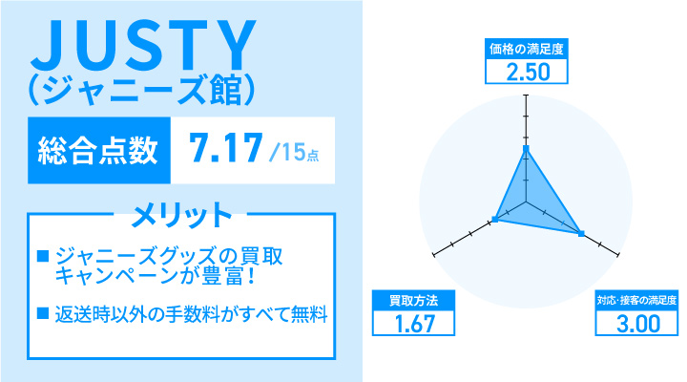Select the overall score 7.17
point(226,148)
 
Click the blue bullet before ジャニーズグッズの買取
point(42,257)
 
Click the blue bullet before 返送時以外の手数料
point(42,312)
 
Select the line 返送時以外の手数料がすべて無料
point(192,312)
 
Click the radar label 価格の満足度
point(525,48)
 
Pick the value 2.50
point(525,73)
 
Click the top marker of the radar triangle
point(525,149)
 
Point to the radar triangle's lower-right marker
point(581,232)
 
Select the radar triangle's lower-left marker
point(495,221)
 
